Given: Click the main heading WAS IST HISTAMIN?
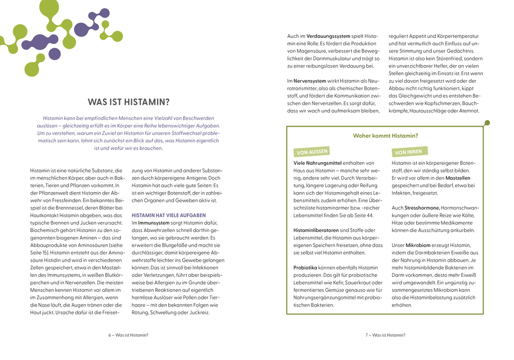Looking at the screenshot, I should pos(128,102).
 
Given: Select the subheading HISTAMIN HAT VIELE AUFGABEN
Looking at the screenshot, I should pos(168,215).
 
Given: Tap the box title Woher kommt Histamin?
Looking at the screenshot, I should pos(385,136).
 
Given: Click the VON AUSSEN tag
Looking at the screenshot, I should pos(312,151).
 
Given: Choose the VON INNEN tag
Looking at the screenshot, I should pos(409,151).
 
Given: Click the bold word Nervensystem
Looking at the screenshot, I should pos(308,81).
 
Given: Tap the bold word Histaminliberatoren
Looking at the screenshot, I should pos(315,230).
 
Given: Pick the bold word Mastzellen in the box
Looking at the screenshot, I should pos(458,178).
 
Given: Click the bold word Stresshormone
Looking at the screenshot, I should pos(422,208).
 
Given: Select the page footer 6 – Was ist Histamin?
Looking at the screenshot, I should pos(128,335).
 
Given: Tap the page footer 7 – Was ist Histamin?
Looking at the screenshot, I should pos(385,335).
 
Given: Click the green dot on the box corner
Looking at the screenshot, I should pos(486,123).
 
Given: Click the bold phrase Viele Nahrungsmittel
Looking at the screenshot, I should pos(317,163).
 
